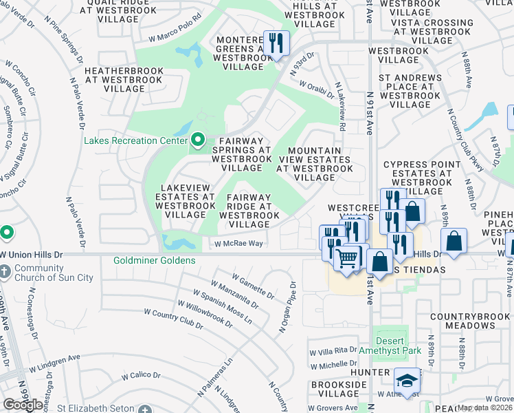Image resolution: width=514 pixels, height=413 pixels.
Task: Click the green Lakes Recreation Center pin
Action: (199, 141)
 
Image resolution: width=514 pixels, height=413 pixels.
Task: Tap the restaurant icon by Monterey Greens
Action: (276, 43)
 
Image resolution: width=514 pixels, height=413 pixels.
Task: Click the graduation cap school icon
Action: (407, 381)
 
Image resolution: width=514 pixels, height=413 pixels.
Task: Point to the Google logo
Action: (23, 405)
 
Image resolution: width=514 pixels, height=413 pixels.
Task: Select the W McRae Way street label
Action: (238, 243)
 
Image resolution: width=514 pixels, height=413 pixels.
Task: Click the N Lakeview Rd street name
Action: (339, 107)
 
